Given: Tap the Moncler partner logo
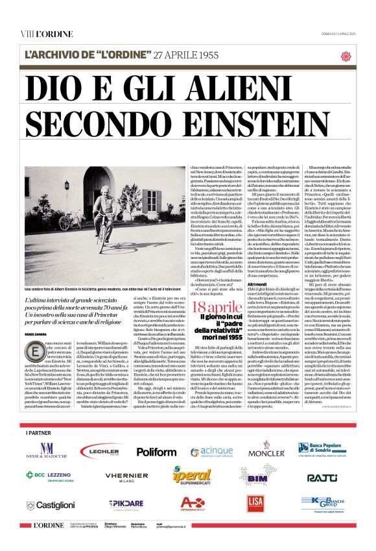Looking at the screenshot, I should [266, 448].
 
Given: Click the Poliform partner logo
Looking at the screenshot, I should [156, 450].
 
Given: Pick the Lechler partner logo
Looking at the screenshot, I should [100, 450].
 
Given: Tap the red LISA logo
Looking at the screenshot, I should [255, 502].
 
